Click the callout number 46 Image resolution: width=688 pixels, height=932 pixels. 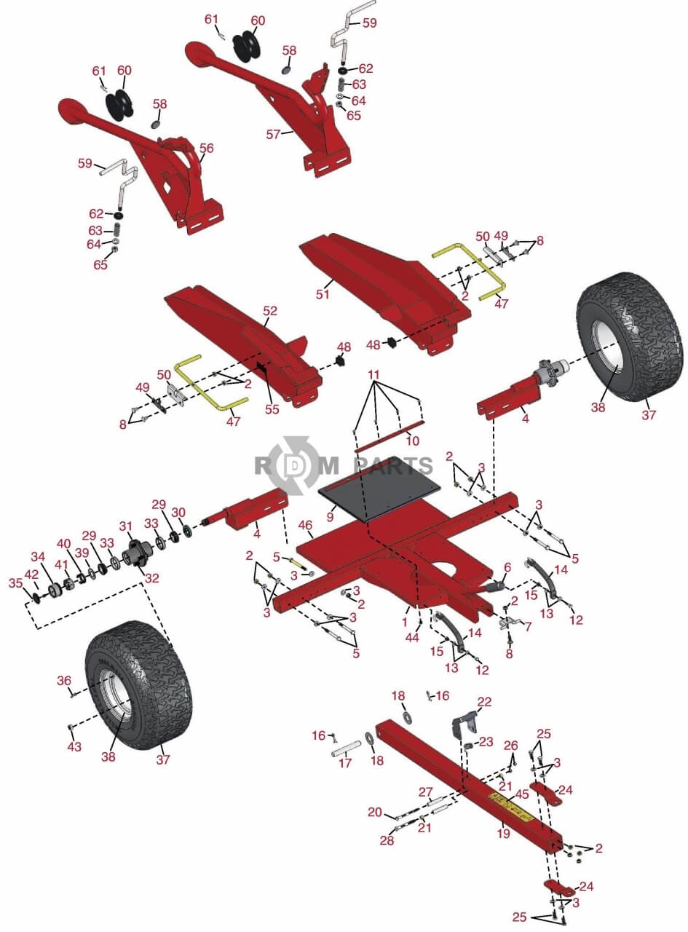[306, 524]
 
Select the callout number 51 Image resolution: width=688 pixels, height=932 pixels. [323, 294]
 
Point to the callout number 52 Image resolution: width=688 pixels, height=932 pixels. [270, 311]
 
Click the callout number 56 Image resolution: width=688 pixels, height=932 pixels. [207, 148]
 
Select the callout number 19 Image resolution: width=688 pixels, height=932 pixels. [504, 834]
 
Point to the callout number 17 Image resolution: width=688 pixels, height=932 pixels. [345, 763]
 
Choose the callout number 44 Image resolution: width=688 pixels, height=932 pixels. [412, 637]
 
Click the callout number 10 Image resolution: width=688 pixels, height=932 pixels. [413, 441]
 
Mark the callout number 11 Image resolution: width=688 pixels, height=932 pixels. [374, 374]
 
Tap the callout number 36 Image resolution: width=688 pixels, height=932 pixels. [64, 680]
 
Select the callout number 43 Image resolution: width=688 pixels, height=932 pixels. [73, 746]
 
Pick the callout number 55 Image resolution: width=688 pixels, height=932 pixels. [272, 409]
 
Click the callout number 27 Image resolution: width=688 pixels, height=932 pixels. [426, 791]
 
